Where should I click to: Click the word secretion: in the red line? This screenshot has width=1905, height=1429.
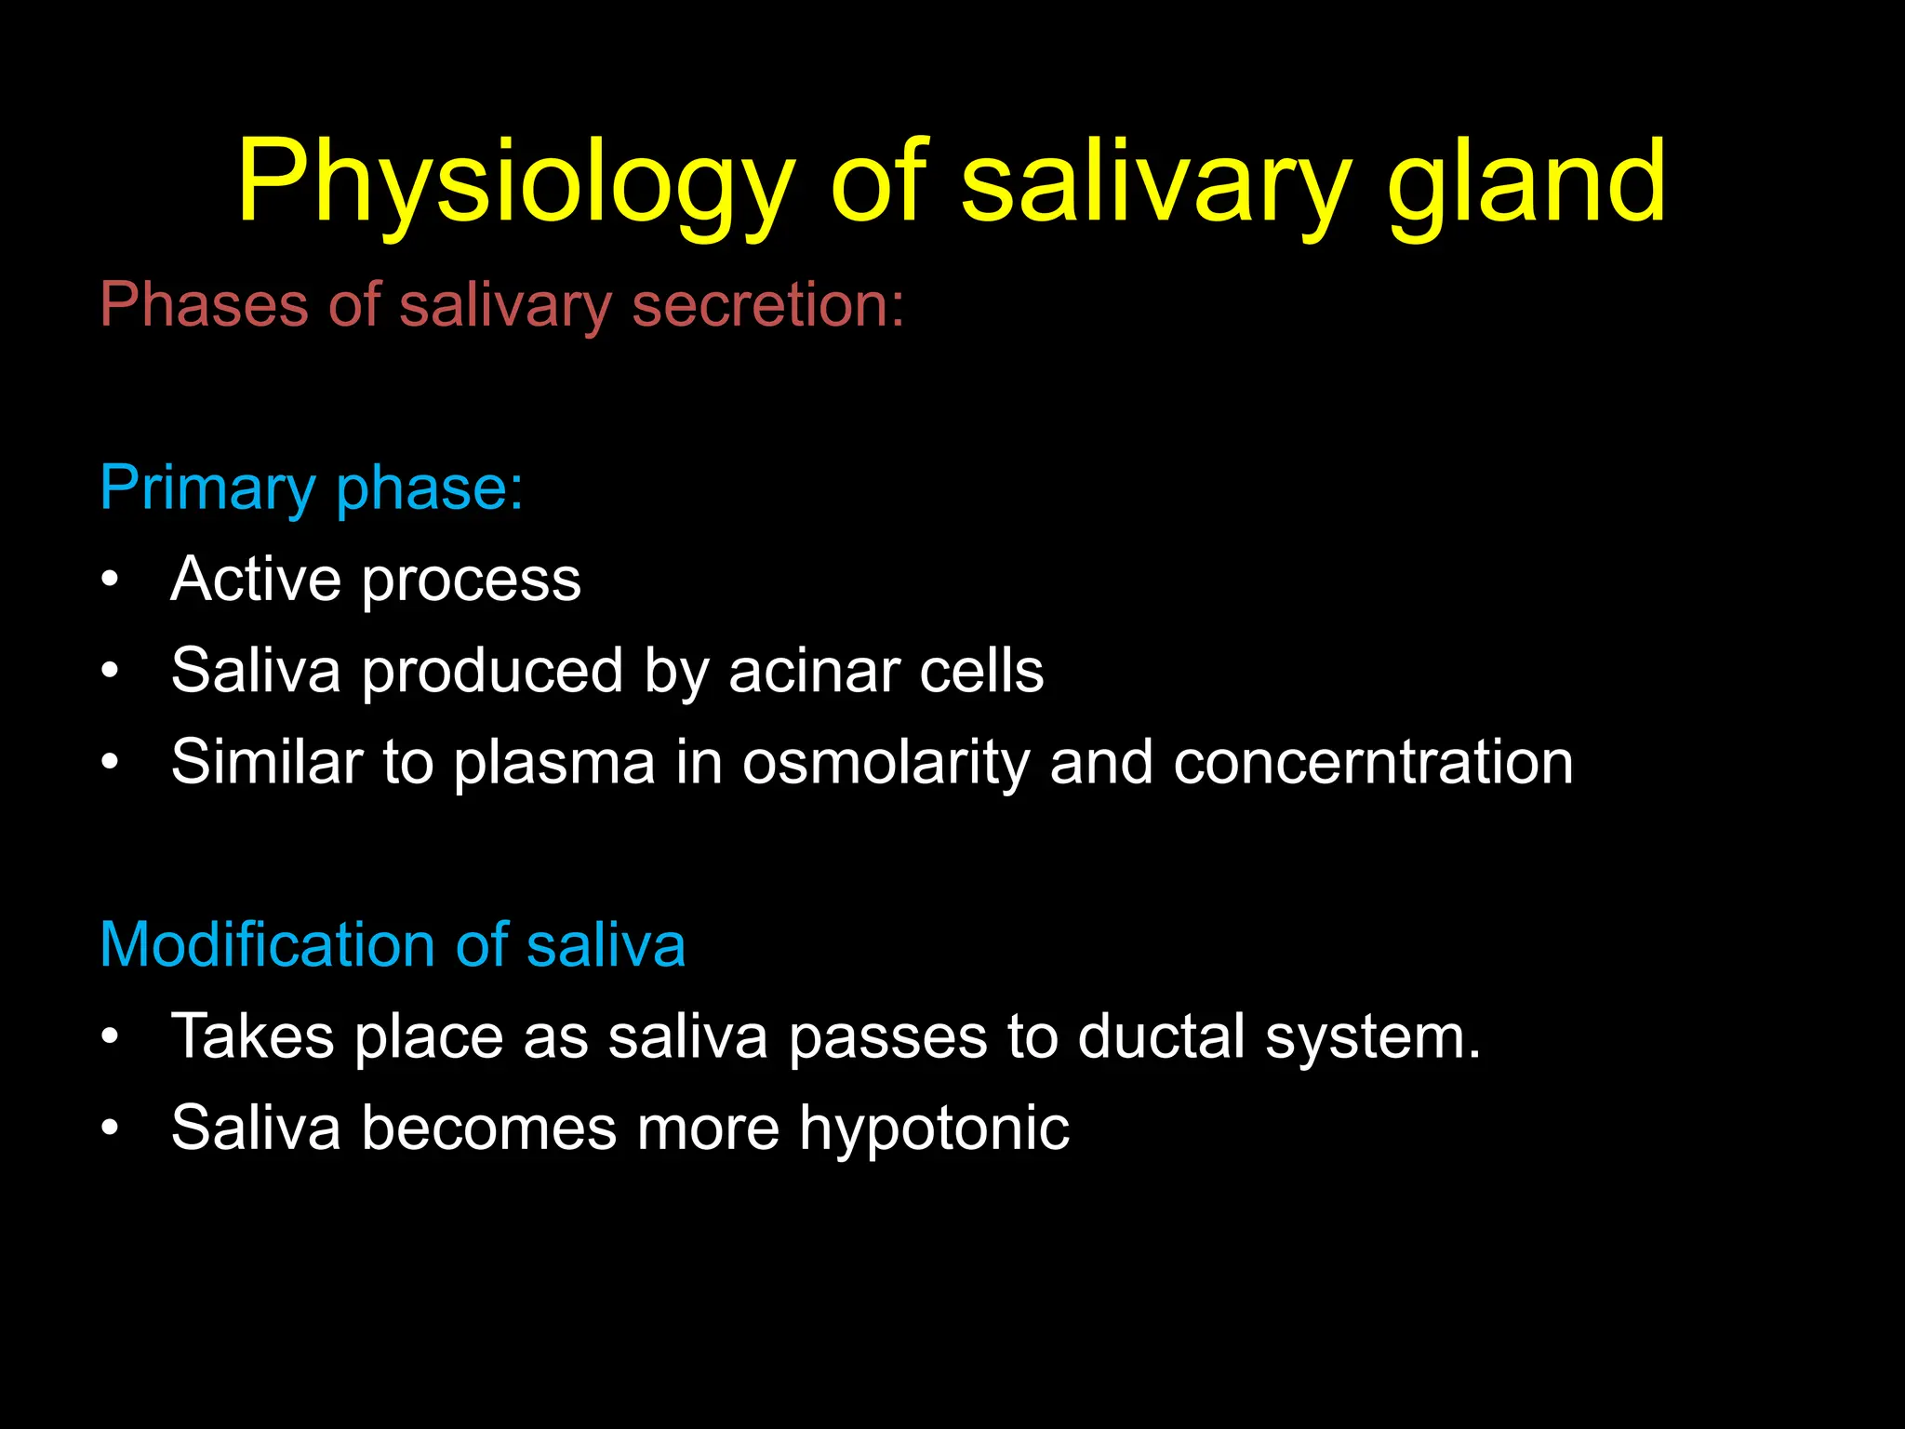click(767, 304)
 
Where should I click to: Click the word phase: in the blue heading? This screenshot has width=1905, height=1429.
click(430, 487)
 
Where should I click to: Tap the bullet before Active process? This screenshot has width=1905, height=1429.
click(111, 579)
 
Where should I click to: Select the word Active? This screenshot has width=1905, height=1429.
click(256, 579)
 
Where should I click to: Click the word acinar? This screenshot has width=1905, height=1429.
click(814, 670)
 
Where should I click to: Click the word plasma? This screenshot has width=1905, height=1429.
click(554, 762)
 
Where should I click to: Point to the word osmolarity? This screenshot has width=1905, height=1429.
click(886, 762)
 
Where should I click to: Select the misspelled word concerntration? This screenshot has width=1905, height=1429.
click(1373, 762)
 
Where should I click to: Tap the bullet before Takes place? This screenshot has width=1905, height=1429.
click(111, 1035)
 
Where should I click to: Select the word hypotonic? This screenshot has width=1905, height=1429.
click(934, 1129)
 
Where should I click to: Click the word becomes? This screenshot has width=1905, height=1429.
click(489, 1128)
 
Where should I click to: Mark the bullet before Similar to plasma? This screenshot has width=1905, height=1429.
click(111, 762)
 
